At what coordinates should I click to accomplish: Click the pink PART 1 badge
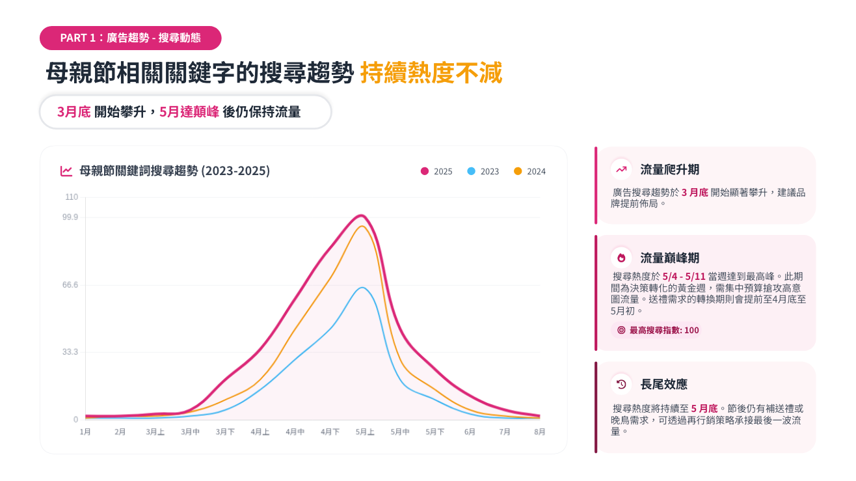click(x=130, y=38)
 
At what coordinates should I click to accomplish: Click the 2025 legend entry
click(x=436, y=171)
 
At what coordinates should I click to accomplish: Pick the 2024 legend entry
click(x=529, y=171)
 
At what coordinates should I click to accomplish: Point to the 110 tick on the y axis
click(x=72, y=197)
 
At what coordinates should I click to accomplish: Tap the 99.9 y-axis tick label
click(x=70, y=217)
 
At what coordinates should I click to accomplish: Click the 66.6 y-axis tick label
click(x=70, y=285)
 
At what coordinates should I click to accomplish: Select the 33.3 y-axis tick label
click(x=70, y=352)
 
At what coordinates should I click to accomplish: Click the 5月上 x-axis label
click(x=365, y=432)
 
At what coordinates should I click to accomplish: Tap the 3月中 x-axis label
click(x=191, y=432)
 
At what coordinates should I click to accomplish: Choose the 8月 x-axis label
click(x=540, y=432)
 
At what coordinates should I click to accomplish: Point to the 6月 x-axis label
click(x=470, y=432)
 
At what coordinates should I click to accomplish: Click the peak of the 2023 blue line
click(x=362, y=288)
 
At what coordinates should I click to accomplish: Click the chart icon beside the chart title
click(x=66, y=171)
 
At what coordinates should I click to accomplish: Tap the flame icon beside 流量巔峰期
click(x=621, y=257)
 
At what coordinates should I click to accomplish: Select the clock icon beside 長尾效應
click(x=621, y=384)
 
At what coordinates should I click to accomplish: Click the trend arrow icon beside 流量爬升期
click(x=621, y=169)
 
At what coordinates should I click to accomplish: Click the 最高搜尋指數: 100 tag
click(x=658, y=330)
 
